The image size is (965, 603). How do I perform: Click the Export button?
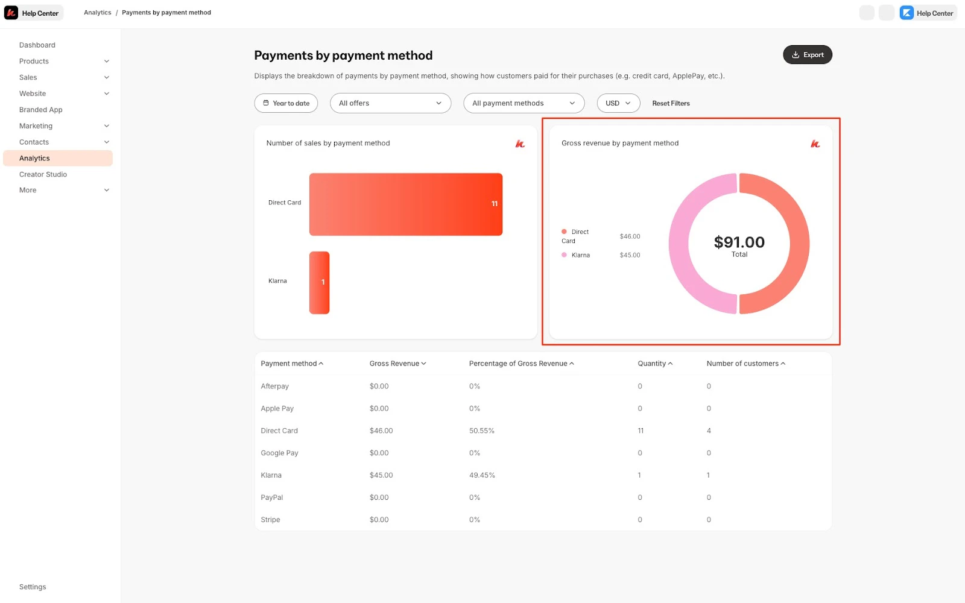tap(807, 55)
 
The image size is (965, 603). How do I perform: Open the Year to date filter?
tap(286, 103)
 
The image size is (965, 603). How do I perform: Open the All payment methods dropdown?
tap(524, 103)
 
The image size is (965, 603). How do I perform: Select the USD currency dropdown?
tap(618, 103)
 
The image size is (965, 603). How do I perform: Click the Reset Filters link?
tap(671, 103)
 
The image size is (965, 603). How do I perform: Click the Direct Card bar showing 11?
tap(405, 204)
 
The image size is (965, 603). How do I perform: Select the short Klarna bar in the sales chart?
tap(319, 283)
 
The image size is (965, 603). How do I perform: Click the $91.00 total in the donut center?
tap(739, 242)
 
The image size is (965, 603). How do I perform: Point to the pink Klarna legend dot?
tap(564, 255)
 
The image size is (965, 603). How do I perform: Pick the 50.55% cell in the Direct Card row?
tap(481, 431)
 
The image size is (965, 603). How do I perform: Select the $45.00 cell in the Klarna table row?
tap(381, 475)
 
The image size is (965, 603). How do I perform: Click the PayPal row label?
tap(271, 497)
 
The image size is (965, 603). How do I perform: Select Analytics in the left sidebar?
tap(35, 158)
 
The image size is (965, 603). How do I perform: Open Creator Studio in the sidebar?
tap(43, 174)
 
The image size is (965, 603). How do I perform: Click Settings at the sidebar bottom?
tap(33, 587)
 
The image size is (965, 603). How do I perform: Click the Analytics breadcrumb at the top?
tap(97, 13)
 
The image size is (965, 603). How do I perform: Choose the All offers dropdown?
tap(390, 103)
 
